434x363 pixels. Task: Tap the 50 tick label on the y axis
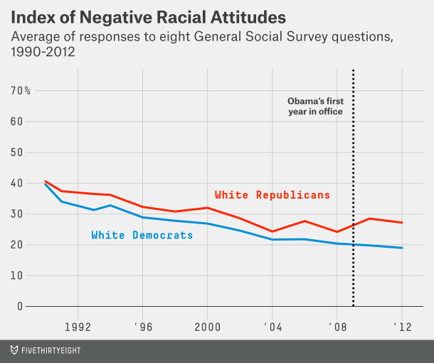tap(16, 152)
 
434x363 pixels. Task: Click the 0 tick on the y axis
tap(19, 306)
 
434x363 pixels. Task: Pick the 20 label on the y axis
tap(16, 245)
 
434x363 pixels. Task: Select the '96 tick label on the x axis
tap(143, 327)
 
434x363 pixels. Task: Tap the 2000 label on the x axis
tap(208, 327)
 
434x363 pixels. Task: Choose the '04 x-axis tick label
tap(272, 327)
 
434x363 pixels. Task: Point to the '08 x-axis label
tap(337, 327)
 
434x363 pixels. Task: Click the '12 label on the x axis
tap(402, 327)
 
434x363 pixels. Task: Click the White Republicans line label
tap(272, 194)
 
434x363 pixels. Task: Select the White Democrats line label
tap(142, 235)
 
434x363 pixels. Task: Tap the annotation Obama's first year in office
tap(314, 107)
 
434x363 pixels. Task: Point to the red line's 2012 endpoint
tap(402, 223)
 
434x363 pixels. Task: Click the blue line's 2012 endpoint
tap(402, 248)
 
